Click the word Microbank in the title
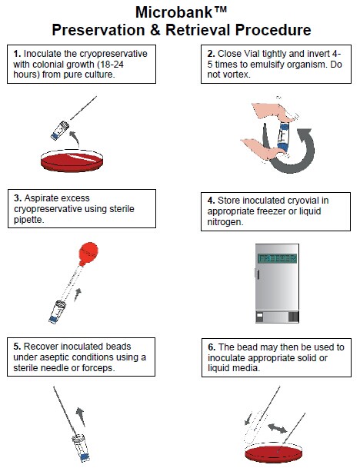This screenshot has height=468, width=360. point(174,12)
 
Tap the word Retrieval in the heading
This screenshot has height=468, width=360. point(198,30)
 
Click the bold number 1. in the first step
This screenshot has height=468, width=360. point(17,54)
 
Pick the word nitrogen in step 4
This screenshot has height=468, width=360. point(225,222)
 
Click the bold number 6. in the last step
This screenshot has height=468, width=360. point(212,347)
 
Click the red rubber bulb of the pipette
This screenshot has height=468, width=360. point(88,253)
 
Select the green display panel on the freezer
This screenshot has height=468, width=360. point(277,258)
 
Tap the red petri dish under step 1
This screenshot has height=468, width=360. point(72,161)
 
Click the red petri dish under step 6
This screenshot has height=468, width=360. point(274,453)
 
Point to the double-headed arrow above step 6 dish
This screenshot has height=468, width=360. point(277,428)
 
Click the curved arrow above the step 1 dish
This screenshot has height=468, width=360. point(74,138)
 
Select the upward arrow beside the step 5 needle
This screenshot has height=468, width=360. point(80,416)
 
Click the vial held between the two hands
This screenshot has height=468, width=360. point(283,137)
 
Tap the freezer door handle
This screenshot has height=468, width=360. point(258,274)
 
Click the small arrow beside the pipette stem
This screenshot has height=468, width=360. point(78,294)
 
